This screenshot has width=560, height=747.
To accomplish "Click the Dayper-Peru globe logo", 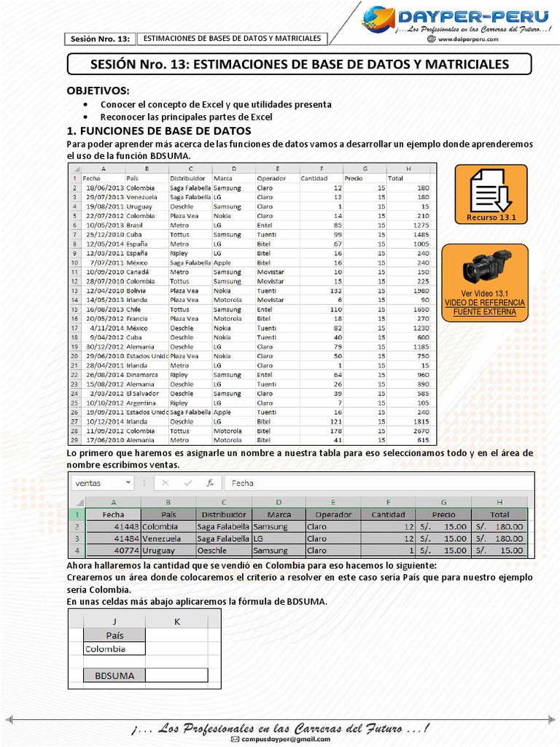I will (378, 20).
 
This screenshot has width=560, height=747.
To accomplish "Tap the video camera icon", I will (487, 266).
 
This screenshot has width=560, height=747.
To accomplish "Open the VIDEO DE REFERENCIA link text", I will (485, 302).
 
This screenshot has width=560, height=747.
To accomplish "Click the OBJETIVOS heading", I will (98, 90).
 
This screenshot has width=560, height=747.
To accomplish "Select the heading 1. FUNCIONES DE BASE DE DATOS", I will (159, 131).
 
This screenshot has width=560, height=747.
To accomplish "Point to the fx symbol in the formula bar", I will (210, 483).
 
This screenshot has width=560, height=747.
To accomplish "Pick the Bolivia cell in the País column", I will (137, 290).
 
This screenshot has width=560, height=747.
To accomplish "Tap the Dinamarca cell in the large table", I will (141, 375).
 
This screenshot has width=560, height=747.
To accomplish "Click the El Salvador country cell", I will (142, 393).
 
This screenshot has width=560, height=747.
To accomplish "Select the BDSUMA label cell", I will (114, 676).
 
